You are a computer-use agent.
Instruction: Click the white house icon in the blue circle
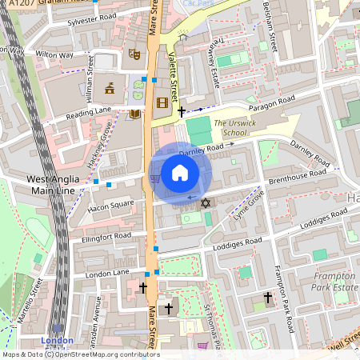180,173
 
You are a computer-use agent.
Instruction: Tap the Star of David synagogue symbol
205,205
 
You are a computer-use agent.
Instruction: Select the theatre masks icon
134,54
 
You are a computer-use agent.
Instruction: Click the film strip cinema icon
163,102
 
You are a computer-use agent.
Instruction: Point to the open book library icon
134,114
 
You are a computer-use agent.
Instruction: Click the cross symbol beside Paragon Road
182,111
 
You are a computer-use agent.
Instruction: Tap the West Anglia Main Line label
54,184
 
